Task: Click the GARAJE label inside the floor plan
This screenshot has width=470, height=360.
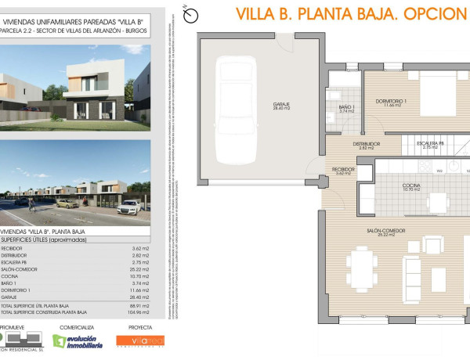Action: (260, 106)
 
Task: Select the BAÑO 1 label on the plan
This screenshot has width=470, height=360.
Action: (348, 107)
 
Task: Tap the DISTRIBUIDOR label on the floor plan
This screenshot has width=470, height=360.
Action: (366, 144)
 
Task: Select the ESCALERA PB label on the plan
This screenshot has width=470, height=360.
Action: (431, 144)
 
